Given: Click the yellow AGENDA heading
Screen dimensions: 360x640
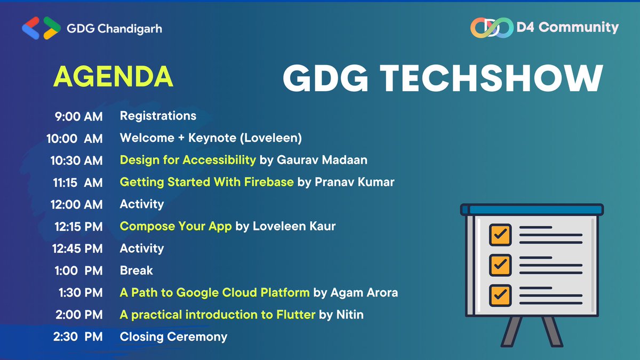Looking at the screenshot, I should tap(113, 77).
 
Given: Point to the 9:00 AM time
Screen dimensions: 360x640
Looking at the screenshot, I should tap(78, 116).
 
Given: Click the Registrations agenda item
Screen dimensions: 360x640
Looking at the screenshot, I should tap(158, 116).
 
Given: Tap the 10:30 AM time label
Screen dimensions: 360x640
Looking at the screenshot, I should tap(76, 160).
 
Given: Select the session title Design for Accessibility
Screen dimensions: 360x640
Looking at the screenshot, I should tap(188, 160).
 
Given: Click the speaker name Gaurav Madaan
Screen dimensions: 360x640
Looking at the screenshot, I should tap(322, 160).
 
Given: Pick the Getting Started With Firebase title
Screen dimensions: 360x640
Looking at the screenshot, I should tap(206, 182).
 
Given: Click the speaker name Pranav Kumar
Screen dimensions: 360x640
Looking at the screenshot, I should tap(355, 182).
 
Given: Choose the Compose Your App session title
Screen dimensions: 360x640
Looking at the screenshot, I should tap(175, 226).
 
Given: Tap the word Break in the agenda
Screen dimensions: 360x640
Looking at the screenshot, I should tap(136, 270).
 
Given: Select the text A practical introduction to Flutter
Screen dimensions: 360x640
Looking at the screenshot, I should tap(218, 315).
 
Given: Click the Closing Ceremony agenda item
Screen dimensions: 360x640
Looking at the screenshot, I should tap(173, 337).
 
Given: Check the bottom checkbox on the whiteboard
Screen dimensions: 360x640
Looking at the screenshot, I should tap(500, 294).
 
